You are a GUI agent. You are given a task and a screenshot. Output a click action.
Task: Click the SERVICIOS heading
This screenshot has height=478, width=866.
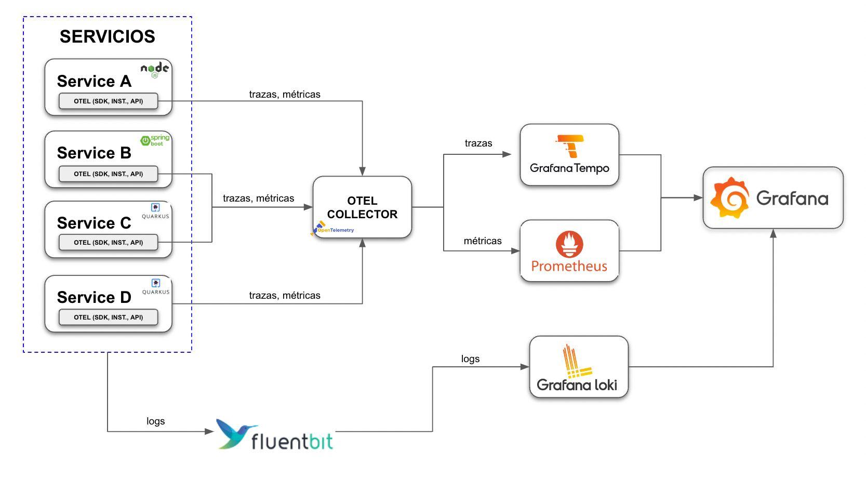pyautogui.click(x=107, y=36)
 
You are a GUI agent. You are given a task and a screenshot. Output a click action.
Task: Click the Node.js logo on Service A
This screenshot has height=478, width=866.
pyautogui.click(x=155, y=69)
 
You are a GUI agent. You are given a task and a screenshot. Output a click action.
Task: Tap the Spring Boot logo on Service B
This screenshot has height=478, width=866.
pyautogui.click(x=155, y=140)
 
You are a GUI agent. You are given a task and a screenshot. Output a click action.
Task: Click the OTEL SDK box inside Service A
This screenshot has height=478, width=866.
pyautogui.click(x=108, y=101)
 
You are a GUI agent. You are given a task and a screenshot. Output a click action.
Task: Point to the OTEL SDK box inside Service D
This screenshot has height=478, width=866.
pyautogui.click(x=108, y=317)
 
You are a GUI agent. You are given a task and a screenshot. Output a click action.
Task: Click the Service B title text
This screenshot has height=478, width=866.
pyautogui.click(x=94, y=153)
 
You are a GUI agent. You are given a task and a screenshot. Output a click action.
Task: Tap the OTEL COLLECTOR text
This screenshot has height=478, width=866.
pyautogui.click(x=362, y=207)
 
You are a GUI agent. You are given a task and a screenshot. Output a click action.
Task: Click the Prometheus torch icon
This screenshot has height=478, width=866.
pyautogui.click(x=569, y=244)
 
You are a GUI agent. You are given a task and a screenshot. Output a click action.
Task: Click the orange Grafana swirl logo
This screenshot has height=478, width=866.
pyautogui.click(x=730, y=198)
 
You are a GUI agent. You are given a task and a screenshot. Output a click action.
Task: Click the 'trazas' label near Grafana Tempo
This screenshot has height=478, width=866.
pyautogui.click(x=478, y=143)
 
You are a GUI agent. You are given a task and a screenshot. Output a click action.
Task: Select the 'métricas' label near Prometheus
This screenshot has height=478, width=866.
pyautogui.click(x=483, y=241)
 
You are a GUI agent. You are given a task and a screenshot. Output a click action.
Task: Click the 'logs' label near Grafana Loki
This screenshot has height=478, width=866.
pyautogui.click(x=470, y=359)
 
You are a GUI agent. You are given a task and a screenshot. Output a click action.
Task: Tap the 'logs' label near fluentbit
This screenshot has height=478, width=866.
pyautogui.click(x=155, y=421)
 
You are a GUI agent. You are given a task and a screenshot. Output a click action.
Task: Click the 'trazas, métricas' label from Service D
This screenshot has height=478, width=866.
pyautogui.click(x=285, y=296)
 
